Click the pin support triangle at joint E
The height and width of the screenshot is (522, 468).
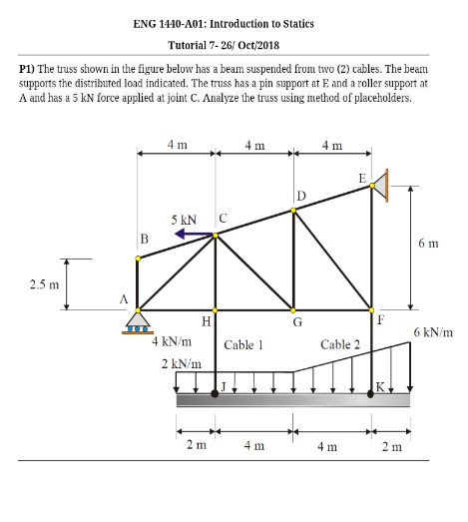click(382, 183)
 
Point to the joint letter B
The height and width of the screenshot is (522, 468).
click(143, 238)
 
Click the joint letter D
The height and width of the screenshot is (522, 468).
click(300, 194)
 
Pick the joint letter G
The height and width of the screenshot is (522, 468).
click(296, 321)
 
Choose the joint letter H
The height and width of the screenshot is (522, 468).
click(207, 321)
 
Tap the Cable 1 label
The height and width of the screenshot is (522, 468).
click(243, 344)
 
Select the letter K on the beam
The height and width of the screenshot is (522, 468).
click(378, 385)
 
